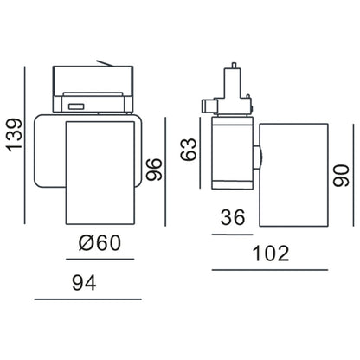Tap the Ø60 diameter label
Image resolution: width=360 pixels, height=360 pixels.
(97, 245)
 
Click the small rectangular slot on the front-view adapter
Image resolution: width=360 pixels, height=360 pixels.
(77, 107)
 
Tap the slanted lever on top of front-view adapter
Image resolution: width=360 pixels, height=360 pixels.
(106, 63)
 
